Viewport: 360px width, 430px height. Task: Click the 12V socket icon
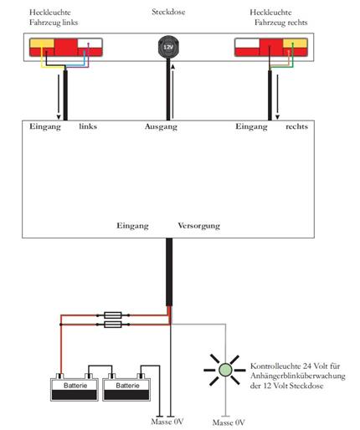pyautogui.click(x=168, y=47)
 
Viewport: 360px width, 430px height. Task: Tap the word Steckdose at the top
pyautogui.click(x=168, y=12)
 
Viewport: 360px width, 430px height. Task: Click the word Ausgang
pyautogui.click(x=161, y=127)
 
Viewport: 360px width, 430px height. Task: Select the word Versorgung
pyautogui.click(x=199, y=226)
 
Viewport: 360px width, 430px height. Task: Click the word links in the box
pyautogui.click(x=88, y=126)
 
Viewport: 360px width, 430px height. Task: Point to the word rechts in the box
pyautogui.click(x=296, y=126)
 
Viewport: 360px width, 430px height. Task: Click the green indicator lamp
pyautogui.click(x=225, y=370)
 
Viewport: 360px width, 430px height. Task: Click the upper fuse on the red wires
pyautogui.click(x=113, y=315)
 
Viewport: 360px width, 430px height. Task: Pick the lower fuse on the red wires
pyautogui.click(x=113, y=325)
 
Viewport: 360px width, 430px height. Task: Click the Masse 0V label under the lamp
pyautogui.click(x=229, y=422)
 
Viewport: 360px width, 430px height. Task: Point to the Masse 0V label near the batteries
pyautogui.click(x=167, y=422)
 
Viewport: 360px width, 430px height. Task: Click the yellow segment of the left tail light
pyautogui.click(x=42, y=44)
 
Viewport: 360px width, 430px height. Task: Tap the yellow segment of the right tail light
pyautogui.click(x=295, y=44)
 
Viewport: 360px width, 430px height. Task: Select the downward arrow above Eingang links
pyautogui.click(x=59, y=97)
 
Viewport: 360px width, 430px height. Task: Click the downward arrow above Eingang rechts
pyautogui.click(x=277, y=97)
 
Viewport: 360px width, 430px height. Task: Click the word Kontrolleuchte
pyautogui.click(x=275, y=366)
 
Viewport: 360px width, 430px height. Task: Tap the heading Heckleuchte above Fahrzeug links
pyautogui.click(x=50, y=13)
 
